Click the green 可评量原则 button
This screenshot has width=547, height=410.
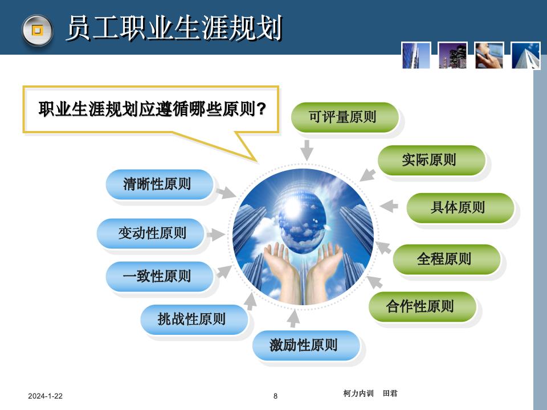pos(344,117)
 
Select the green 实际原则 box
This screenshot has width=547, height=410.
pos(431,160)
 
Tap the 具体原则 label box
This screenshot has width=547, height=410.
pos(459,207)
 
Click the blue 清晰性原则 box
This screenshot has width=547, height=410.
pos(159,184)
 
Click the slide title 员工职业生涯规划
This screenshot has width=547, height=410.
pos(174,28)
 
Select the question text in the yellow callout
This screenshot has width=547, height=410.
pos(152,109)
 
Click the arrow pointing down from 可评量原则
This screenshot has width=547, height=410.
pos(307,150)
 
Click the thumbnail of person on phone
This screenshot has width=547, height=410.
pos(489,55)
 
